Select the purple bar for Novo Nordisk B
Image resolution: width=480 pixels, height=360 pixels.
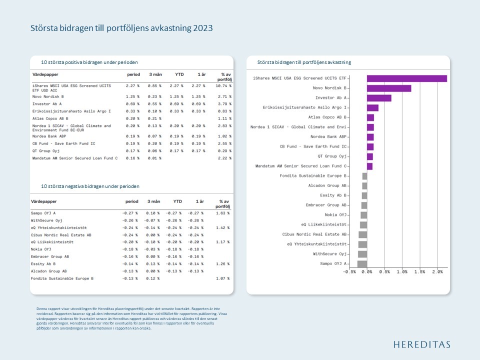coord(388,88)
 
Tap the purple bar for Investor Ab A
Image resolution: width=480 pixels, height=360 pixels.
coord(378,98)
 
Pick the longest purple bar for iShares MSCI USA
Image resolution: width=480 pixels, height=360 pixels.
coord(406,78)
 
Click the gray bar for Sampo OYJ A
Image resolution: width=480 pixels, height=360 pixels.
coord(362,263)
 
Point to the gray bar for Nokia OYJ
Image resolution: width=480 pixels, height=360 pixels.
coord(363,215)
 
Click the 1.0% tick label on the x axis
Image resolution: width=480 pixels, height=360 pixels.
coord(402,272)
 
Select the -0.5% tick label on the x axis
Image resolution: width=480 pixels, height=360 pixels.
coord(349,272)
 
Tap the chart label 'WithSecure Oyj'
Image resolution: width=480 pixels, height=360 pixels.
coord(330,254)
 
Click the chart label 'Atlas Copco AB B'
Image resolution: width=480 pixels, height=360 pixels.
coord(327,117)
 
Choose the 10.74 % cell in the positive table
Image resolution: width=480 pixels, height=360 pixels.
coord(224,85)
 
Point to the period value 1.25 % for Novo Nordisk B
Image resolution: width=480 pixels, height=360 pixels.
coord(132,96)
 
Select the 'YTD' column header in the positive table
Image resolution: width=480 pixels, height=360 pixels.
coord(179,74)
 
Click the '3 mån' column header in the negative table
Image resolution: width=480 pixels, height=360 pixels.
coord(153,201)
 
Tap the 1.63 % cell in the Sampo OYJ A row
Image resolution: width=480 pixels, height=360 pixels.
coord(222,213)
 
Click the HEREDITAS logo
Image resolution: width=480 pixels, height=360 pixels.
coord(421,344)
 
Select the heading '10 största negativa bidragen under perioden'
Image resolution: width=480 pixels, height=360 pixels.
coord(90,186)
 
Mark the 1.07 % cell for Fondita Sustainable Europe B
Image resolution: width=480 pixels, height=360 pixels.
coord(222,278)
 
